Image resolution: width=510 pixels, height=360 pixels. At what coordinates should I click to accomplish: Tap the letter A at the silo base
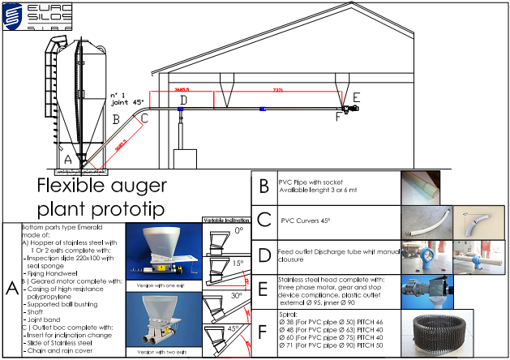pos(67,161)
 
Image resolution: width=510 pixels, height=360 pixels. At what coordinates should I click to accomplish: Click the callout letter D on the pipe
pos(183,101)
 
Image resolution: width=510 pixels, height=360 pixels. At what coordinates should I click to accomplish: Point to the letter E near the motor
pos(358,96)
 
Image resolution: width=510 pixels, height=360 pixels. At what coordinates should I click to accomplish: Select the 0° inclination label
pos(239,230)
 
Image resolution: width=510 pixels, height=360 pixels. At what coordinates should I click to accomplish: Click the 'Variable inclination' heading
pos(225,219)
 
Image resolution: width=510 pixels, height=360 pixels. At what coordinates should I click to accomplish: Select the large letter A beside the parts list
pos(11,288)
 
